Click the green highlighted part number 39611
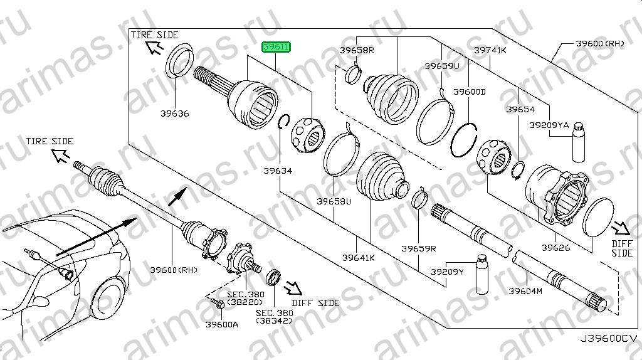276,47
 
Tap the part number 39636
175,114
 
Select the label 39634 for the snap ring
278,171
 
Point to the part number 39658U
334,201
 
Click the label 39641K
359,258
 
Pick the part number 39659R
419,248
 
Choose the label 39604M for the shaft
525,291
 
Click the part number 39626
556,248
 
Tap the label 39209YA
549,125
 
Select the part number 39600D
470,92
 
